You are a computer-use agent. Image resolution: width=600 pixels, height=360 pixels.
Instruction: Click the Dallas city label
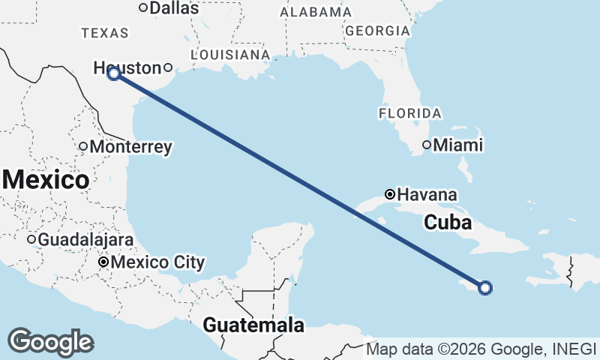[x=174, y=8]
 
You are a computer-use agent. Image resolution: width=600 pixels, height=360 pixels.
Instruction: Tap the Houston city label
[x=127, y=68]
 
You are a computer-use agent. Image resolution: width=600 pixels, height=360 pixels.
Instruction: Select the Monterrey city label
[x=130, y=147]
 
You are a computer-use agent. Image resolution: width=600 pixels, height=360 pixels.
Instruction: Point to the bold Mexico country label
[x=46, y=180]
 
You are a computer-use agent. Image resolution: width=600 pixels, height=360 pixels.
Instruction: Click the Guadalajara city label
[x=85, y=240]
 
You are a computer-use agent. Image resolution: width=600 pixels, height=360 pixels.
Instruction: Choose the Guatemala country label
[x=254, y=325]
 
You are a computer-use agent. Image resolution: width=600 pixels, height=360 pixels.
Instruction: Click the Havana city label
[x=426, y=194]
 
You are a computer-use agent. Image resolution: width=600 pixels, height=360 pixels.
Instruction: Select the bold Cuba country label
[x=448, y=223]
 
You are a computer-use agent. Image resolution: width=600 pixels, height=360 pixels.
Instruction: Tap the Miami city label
[x=457, y=145]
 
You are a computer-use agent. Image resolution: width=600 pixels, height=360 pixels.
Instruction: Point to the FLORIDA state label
[x=409, y=113]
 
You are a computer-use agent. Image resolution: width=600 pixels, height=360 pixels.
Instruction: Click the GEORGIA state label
[x=378, y=31]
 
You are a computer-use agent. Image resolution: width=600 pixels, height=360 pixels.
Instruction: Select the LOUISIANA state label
[x=230, y=55]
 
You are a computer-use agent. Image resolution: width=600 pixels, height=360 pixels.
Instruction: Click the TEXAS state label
[x=105, y=33]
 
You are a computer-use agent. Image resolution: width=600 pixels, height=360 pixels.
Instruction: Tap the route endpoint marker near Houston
[x=114, y=73]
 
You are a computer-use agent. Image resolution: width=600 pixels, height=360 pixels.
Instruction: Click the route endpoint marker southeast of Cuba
[x=485, y=287]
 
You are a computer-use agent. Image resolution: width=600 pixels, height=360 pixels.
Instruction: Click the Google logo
[x=50, y=341]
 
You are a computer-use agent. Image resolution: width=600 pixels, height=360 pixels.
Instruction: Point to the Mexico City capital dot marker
[x=104, y=262]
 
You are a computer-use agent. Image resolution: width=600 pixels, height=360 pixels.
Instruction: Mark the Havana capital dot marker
[x=389, y=194]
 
